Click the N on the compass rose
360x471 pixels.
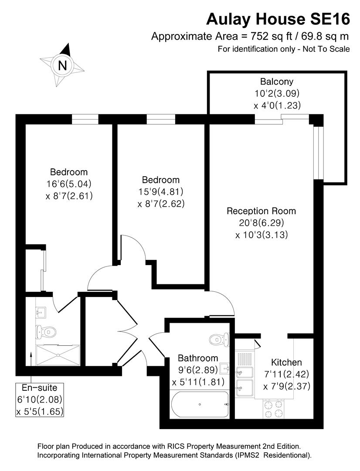click(62, 66)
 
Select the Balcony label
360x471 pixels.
click(277, 81)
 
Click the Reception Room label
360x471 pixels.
click(261, 211)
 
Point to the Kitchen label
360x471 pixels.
click(286, 362)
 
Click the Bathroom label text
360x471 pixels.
click(198, 358)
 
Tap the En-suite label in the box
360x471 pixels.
click(40, 388)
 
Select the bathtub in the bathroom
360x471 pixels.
click(199, 405)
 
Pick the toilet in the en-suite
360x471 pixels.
click(46, 332)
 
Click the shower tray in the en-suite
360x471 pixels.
click(58, 355)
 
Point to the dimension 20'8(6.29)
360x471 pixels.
click(262, 223)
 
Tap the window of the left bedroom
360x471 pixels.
click(85, 119)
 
